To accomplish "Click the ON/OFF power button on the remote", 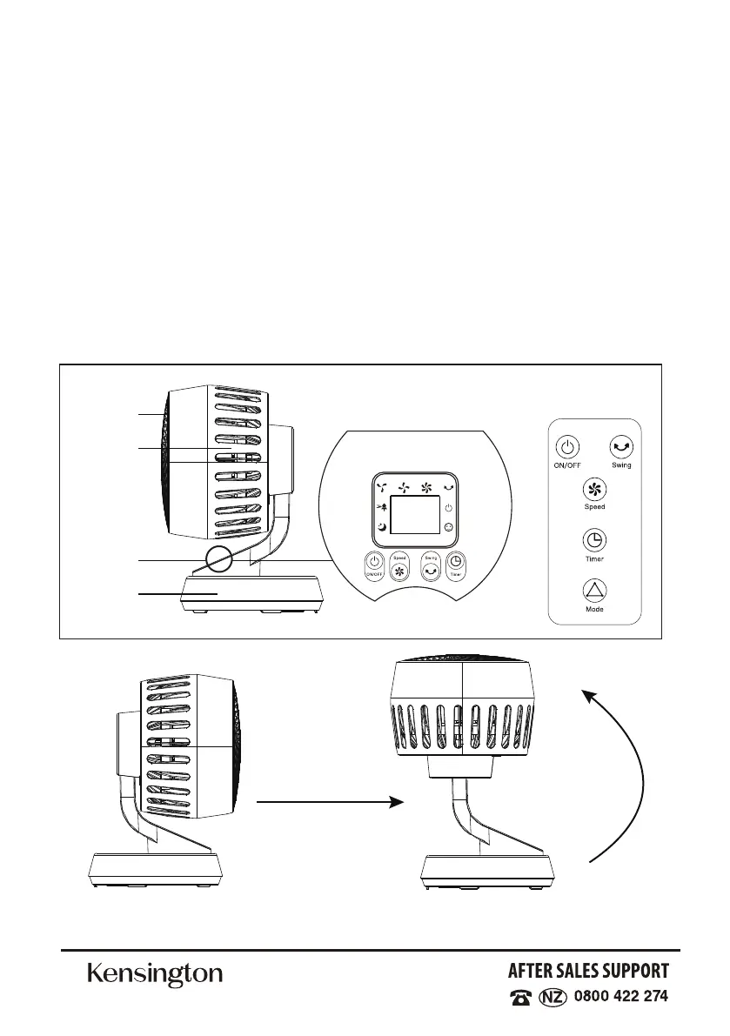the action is [x=566, y=447].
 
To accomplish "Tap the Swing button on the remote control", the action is [x=621, y=447].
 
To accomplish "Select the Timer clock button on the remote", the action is [x=594, y=539].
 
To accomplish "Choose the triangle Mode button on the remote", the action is [x=594, y=592].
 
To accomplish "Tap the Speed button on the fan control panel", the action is [x=400, y=570].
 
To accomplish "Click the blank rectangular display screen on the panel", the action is [x=414, y=517].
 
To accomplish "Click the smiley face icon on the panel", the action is [x=448, y=528].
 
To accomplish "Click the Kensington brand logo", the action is [x=155, y=974].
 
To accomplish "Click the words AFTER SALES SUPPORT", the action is [x=589, y=971].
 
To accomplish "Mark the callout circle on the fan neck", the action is [x=218, y=558].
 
